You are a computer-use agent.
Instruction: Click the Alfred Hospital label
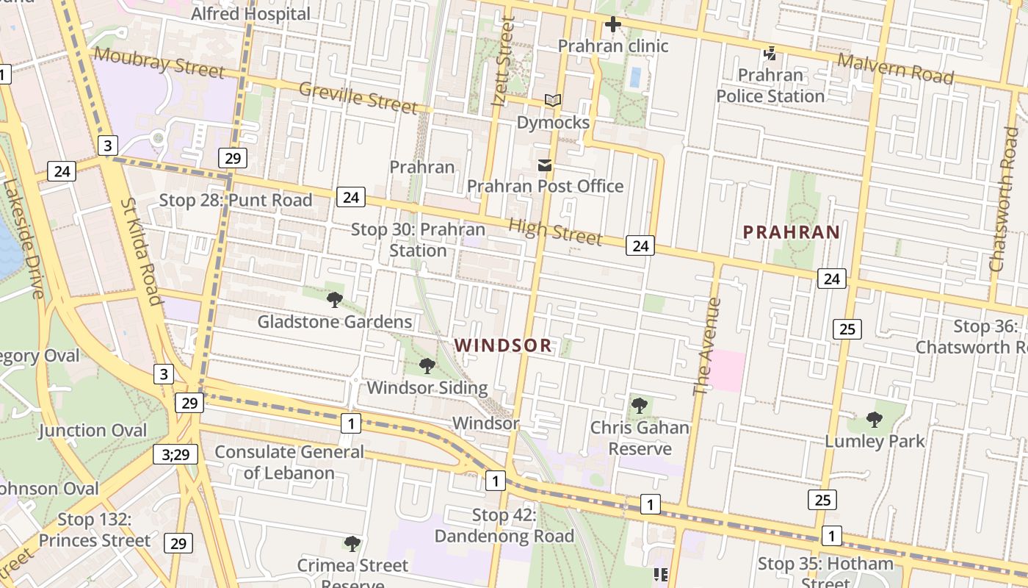point(250,13)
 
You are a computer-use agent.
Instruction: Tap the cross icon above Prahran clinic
point(612,25)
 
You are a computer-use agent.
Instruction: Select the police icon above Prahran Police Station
point(770,53)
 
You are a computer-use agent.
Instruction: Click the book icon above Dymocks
point(553,100)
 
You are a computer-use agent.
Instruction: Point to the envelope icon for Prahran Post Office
point(545,165)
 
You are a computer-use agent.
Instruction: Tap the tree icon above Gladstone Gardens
point(335,299)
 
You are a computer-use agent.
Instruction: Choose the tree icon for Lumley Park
point(874,420)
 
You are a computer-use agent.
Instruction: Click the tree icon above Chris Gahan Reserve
point(640,405)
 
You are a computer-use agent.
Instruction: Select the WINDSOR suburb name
point(503,345)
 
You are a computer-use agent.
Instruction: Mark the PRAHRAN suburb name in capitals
point(792,232)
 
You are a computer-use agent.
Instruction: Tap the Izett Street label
point(503,62)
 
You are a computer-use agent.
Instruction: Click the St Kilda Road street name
point(140,251)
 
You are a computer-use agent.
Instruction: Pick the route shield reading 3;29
point(175,454)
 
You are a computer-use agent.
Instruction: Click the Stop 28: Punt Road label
point(236,200)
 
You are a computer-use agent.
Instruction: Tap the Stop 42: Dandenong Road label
point(504,526)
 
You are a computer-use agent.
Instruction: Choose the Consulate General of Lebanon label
point(289,462)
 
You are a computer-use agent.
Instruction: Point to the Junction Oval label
point(93,431)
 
